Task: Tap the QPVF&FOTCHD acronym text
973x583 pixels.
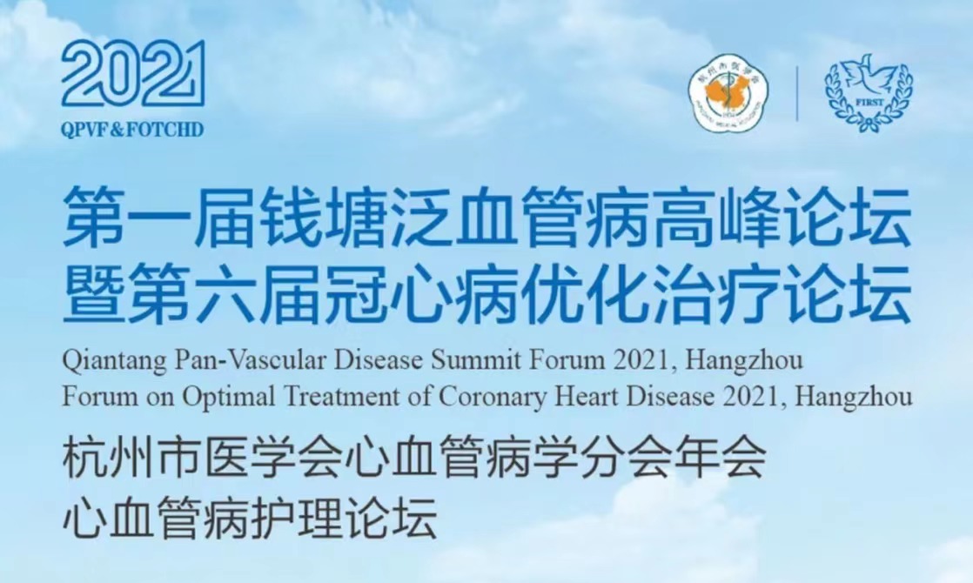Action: coord(132,129)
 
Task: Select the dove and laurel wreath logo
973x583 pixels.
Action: coord(869,93)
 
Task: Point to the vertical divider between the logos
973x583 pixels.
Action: coord(797,94)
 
